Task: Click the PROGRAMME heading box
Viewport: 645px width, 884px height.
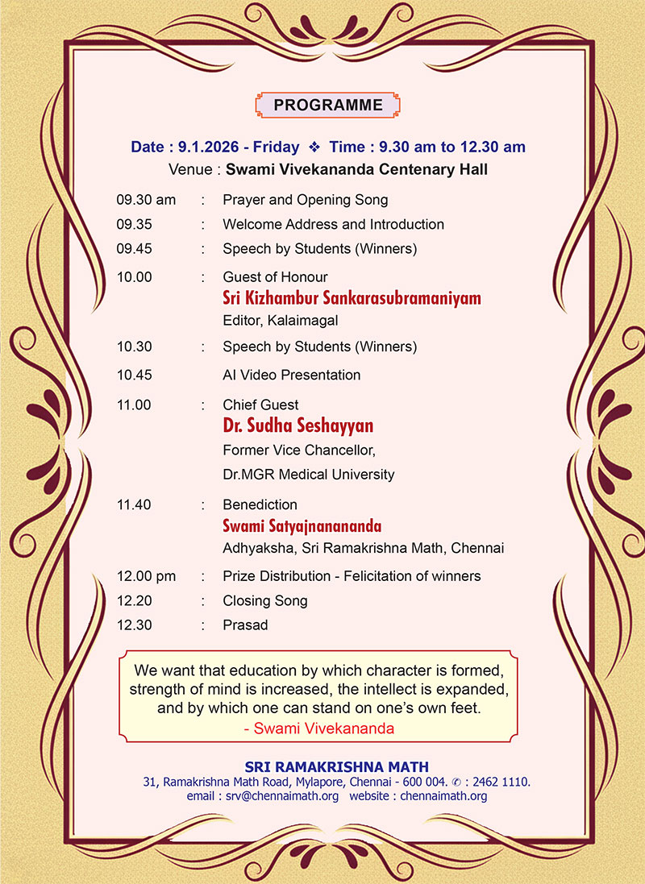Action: [328, 105]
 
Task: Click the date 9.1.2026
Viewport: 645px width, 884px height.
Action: [207, 147]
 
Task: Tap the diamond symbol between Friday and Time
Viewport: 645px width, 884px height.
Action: [314, 147]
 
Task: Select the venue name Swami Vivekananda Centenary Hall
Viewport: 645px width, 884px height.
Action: [356, 170]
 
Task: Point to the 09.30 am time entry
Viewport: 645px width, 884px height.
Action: [146, 200]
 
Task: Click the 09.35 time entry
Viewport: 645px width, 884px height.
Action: [134, 224]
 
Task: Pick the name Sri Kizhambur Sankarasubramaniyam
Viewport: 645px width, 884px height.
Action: [352, 298]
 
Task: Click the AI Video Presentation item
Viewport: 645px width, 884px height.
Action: [291, 375]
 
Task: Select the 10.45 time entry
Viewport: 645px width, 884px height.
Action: [134, 375]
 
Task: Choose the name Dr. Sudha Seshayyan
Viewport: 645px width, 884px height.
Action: [298, 425]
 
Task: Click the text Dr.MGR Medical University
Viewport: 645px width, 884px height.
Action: [308, 475]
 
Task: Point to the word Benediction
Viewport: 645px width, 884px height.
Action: [260, 504]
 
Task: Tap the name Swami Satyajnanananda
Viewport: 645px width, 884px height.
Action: [302, 526]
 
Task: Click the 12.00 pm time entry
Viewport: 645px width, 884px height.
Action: [146, 576]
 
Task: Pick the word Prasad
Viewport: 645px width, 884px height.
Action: [245, 625]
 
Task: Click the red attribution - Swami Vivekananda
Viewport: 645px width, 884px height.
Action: [318, 728]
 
